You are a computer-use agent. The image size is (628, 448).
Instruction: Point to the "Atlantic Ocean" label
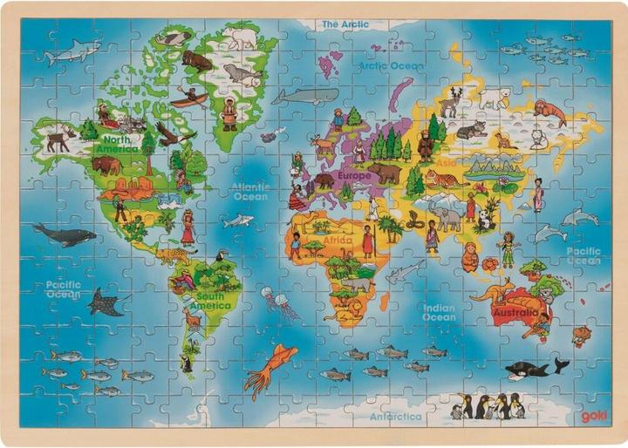251,192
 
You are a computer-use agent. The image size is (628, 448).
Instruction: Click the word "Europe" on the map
354,175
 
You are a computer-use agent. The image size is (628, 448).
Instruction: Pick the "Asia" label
446,162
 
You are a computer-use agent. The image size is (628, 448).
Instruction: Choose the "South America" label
209,301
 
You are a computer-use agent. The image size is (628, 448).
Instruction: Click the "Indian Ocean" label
439,312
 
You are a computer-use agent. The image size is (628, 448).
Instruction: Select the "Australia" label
516,312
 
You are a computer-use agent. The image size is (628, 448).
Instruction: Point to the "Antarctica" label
397,417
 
